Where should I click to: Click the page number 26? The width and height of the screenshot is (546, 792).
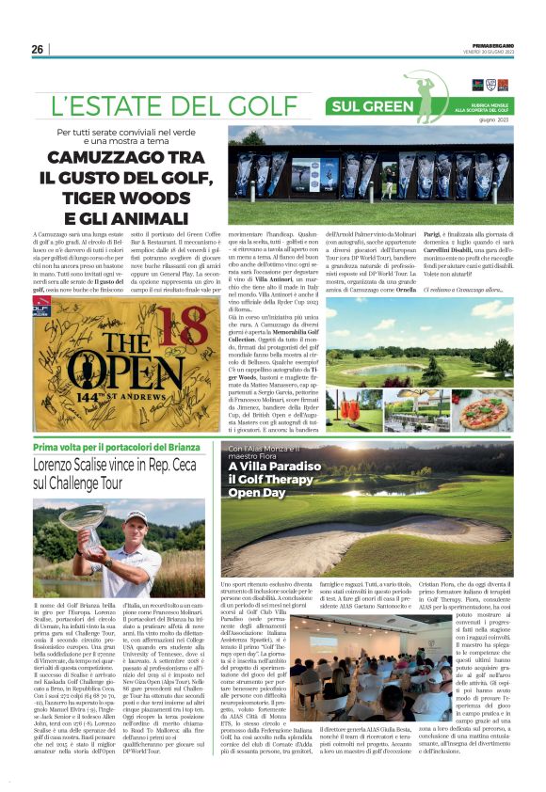click(37, 49)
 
